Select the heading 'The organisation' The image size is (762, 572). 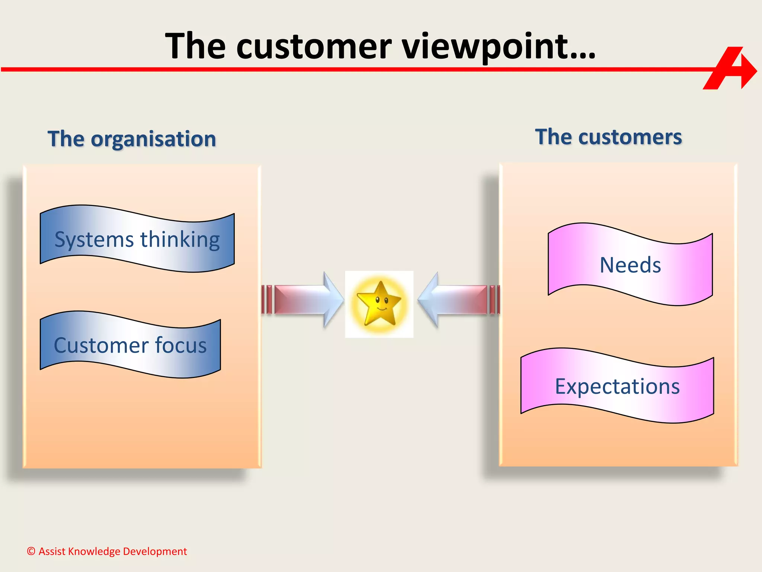point(132,139)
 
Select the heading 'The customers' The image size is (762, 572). point(608,137)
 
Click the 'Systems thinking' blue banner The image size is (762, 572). point(137,239)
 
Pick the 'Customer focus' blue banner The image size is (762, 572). point(130,345)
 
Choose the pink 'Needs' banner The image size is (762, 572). point(630,265)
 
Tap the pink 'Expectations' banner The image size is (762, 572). point(617,386)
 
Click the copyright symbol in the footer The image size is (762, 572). point(31,551)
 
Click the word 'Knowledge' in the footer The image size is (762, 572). point(94,551)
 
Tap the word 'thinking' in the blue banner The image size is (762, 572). point(180,239)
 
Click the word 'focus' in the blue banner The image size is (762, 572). point(180,345)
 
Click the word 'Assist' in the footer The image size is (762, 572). point(51,551)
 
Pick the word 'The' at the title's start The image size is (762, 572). point(195,47)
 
